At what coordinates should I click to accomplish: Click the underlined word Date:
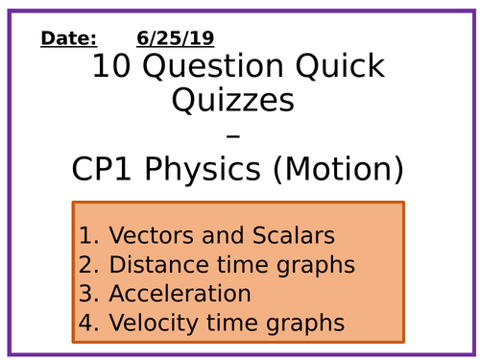click(x=68, y=38)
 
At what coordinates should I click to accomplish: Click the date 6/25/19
click(x=175, y=38)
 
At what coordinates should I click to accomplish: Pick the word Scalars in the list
click(x=285, y=235)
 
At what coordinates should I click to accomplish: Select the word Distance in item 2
click(x=153, y=264)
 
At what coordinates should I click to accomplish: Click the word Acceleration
click(x=180, y=294)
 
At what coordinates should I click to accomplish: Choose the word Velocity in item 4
click(x=148, y=323)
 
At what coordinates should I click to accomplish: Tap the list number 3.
click(x=88, y=294)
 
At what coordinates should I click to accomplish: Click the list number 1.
click(x=88, y=235)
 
